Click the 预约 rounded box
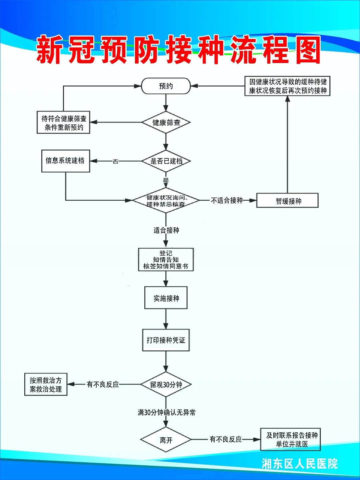pos(166,86)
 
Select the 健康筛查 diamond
pos(166,122)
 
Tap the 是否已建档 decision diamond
pos(166,161)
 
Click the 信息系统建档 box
pos(65,161)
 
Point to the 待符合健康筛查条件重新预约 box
pos(63,123)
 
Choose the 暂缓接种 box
pos(287,201)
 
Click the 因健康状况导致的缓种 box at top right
pos(287,86)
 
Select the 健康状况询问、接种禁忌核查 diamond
pos(166,201)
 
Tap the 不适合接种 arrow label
pos(227,200)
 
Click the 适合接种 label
pos(166,230)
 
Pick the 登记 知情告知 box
pos(166,259)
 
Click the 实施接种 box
pos(166,298)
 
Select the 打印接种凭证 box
pos(166,340)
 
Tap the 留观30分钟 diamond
pos(166,385)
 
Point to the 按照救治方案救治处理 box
pos(46,384)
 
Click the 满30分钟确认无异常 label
pos(166,413)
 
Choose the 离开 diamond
pos(166,440)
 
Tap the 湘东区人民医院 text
pos(299,464)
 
